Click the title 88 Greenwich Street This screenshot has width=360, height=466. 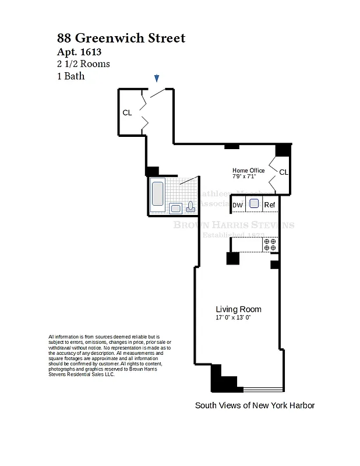[x=121, y=38]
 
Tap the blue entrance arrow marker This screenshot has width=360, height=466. [x=157, y=78]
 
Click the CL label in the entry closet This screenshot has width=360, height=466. [x=127, y=113]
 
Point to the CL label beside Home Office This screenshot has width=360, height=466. [x=284, y=172]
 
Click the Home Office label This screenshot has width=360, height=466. [x=248, y=171]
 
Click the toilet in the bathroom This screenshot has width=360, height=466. [x=190, y=207]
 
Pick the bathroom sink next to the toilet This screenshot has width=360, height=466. [x=175, y=208]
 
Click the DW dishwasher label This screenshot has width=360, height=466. [x=238, y=205]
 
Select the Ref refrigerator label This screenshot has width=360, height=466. [x=270, y=205]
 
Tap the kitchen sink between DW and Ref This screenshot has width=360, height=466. [x=254, y=204]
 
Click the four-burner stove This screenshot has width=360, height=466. [x=270, y=245]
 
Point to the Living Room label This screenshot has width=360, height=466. [x=238, y=309]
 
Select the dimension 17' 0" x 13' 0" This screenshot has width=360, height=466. [x=233, y=318]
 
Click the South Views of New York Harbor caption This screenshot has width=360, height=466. [x=255, y=405]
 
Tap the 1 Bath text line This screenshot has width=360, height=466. [x=71, y=76]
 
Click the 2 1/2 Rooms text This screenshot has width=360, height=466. [x=83, y=64]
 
